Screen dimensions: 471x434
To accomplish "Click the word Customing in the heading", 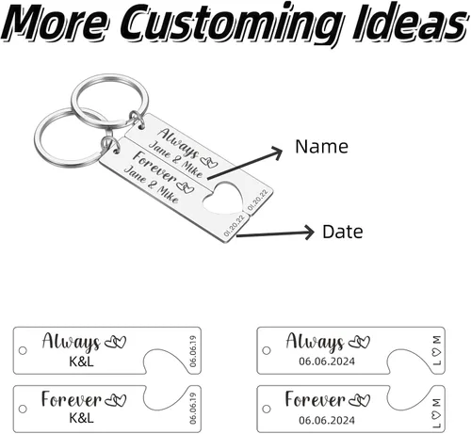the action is [235, 24].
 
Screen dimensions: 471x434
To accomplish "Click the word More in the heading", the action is [57, 23].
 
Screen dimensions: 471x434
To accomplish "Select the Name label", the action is [321, 146].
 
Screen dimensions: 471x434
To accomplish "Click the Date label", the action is [343, 232].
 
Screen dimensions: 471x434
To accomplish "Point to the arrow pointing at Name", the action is [245, 163].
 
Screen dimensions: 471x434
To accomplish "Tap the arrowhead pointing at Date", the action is [308, 233].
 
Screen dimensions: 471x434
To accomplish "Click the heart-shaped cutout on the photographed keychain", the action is [223, 200].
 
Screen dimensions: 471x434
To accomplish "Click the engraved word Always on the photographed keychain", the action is [178, 142].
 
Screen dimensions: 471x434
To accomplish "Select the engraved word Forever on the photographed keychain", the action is [154, 167].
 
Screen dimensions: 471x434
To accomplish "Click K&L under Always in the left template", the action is [81, 362].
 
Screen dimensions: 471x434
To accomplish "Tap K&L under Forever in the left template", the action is [81, 418].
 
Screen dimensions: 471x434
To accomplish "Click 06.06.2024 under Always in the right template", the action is [327, 362].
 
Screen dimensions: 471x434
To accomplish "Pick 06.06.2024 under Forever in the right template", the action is [327, 420].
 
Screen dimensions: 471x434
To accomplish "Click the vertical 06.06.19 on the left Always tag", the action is [193, 351].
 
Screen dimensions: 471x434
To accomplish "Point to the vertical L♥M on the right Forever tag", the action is [437, 413].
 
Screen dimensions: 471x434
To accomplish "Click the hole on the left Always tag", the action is [23, 350].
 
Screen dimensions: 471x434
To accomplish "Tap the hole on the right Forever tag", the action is [267, 409].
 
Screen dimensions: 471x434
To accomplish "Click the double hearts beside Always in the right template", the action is [359, 342].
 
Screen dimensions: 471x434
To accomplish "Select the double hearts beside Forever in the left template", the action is [116, 400].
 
